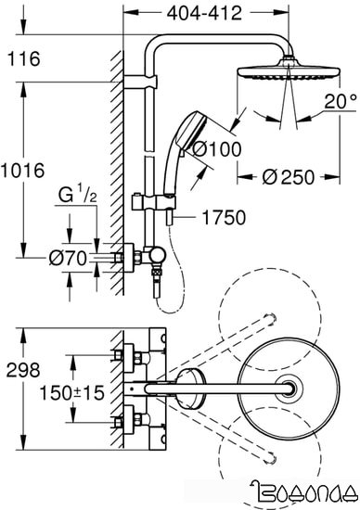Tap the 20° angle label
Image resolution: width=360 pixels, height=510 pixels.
(x=340, y=100)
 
